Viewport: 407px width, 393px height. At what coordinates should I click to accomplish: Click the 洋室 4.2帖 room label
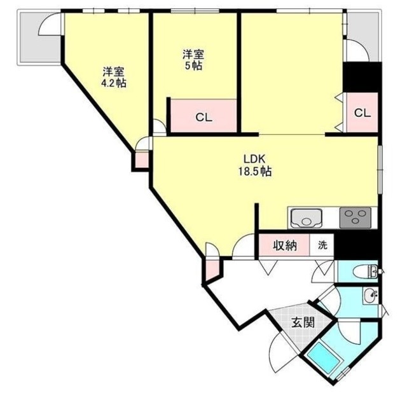[113, 77]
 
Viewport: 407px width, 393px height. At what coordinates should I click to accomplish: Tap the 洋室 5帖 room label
[192, 60]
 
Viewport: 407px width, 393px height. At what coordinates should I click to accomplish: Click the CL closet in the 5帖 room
[203, 116]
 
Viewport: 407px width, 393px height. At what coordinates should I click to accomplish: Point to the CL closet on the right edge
[361, 113]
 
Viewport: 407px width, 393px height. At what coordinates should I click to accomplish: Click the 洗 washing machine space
[322, 245]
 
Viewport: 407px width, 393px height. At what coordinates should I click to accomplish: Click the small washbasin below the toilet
[370, 296]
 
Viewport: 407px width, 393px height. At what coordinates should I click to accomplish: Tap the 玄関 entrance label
[303, 322]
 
